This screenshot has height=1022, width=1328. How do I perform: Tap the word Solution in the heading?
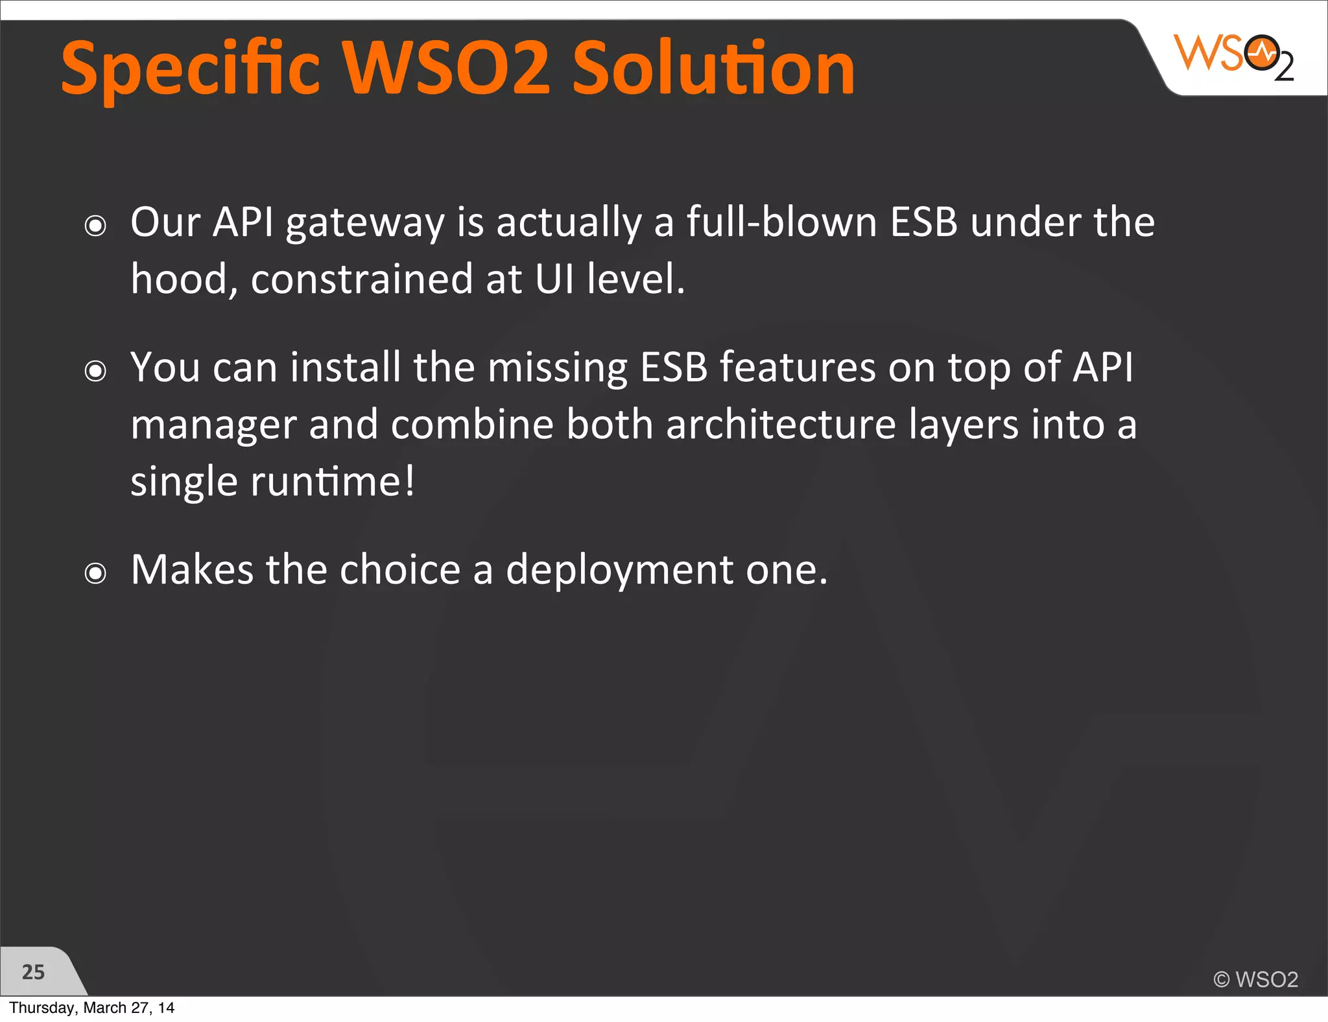pyautogui.click(x=713, y=67)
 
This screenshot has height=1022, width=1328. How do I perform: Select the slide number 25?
pyautogui.click(x=33, y=972)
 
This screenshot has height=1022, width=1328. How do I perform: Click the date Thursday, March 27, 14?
pyautogui.click(x=91, y=1008)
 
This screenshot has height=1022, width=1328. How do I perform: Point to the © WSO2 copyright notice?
pyautogui.click(x=1255, y=979)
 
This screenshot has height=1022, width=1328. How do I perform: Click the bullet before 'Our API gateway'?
pyautogui.click(x=95, y=226)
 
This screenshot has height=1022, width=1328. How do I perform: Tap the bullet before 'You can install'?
pyautogui.click(x=95, y=371)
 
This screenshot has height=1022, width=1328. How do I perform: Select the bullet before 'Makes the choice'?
pyautogui.click(x=95, y=573)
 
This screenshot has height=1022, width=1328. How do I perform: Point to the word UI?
pyautogui.click(x=554, y=279)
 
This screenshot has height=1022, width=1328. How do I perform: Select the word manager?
pyautogui.click(x=213, y=425)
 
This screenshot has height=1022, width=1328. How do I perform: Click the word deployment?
pyautogui.click(x=619, y=569)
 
